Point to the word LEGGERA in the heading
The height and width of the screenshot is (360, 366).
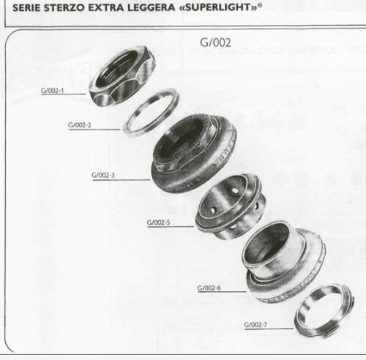click(152, 7)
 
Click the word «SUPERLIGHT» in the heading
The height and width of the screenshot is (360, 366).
click(218, 7)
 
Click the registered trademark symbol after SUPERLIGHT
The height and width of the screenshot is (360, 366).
click(260, 5)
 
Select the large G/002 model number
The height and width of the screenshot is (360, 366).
click(215, 42)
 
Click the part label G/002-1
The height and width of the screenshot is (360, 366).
click(52, 91)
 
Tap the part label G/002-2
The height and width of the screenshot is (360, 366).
click(80, 125)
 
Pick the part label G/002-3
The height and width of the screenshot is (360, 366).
click(103, 175)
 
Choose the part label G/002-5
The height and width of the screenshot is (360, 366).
click(158, 222)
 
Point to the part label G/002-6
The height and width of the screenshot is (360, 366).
click(209, 288)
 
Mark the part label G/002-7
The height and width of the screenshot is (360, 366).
click(255, 325)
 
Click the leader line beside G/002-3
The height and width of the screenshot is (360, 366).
click(122, 180)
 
